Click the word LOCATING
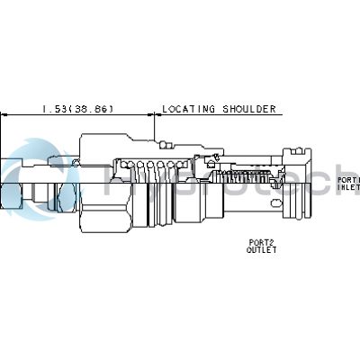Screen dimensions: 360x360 point(185,109)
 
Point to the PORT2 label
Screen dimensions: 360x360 point(261,241)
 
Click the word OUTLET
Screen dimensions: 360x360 point(261,250)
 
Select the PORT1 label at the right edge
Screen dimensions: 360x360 point(349,179)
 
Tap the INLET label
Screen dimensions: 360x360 point(349,188)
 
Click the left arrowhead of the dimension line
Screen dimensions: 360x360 point(4,115)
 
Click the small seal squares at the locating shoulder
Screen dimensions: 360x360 point(161,143)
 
